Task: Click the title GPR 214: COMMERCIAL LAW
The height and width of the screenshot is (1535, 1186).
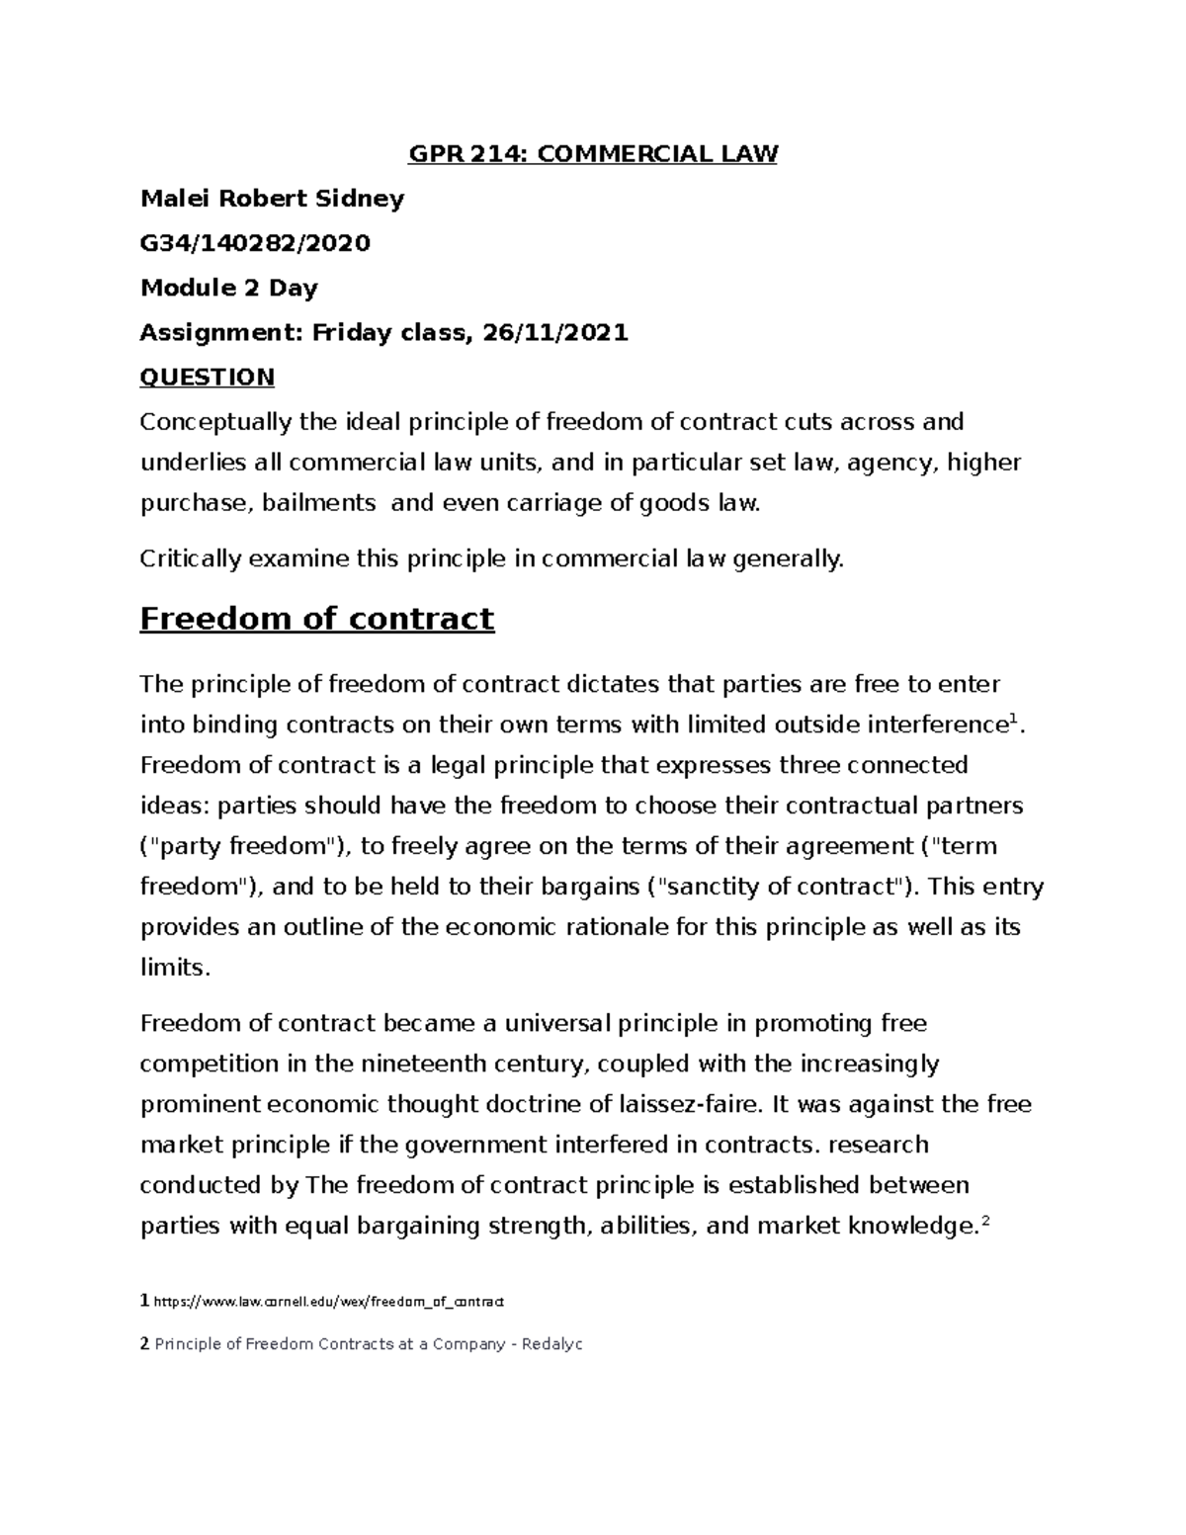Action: pyautogui.click(x=594, y=154)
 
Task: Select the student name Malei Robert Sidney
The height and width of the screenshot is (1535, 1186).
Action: pyautogui.click(x=272, y=199)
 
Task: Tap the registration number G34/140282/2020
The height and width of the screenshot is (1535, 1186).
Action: pyautogui.click(x=255, y=243)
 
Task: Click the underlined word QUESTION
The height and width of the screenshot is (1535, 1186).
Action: pyautogui.click(x=207, y=378)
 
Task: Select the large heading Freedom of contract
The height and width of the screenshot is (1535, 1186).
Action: pyautogui.click(x=316, y=619)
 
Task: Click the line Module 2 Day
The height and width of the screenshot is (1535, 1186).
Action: pyautogui.click(x=228, y=289)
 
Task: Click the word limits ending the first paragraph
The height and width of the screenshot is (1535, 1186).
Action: pyautogui.click(x=175, y=968)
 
